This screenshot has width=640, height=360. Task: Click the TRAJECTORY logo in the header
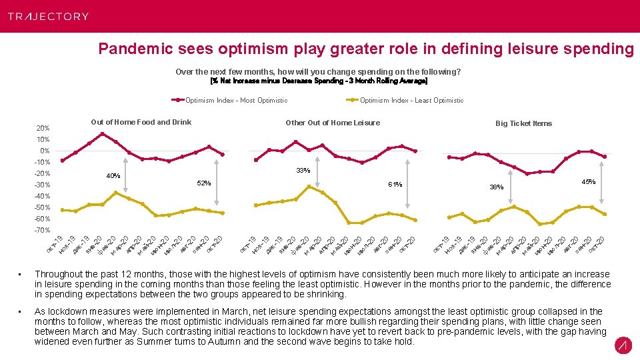(48, 16)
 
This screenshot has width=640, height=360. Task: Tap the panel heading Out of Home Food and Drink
(141, 122)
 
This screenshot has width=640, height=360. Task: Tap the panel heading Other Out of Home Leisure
(332, 123)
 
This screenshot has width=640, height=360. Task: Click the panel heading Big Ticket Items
(523, 123)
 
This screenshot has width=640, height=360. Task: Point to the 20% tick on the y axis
(42, 128)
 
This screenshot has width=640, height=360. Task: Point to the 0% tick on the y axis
(44, 151)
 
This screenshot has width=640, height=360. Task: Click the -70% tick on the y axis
(42, 231)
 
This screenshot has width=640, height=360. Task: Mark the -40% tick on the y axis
(42, 197)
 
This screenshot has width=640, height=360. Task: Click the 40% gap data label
(113, 177)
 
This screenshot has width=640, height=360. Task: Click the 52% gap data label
(203, 183)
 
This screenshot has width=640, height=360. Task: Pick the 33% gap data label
(303, 171)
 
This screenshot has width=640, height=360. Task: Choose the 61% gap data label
(395, 185)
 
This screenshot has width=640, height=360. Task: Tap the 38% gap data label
(497, 187)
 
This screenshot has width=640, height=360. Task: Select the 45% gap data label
(588, 182)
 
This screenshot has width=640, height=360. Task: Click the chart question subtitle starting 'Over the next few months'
(318, 71)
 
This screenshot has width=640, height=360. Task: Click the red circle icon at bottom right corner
(623, 345)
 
